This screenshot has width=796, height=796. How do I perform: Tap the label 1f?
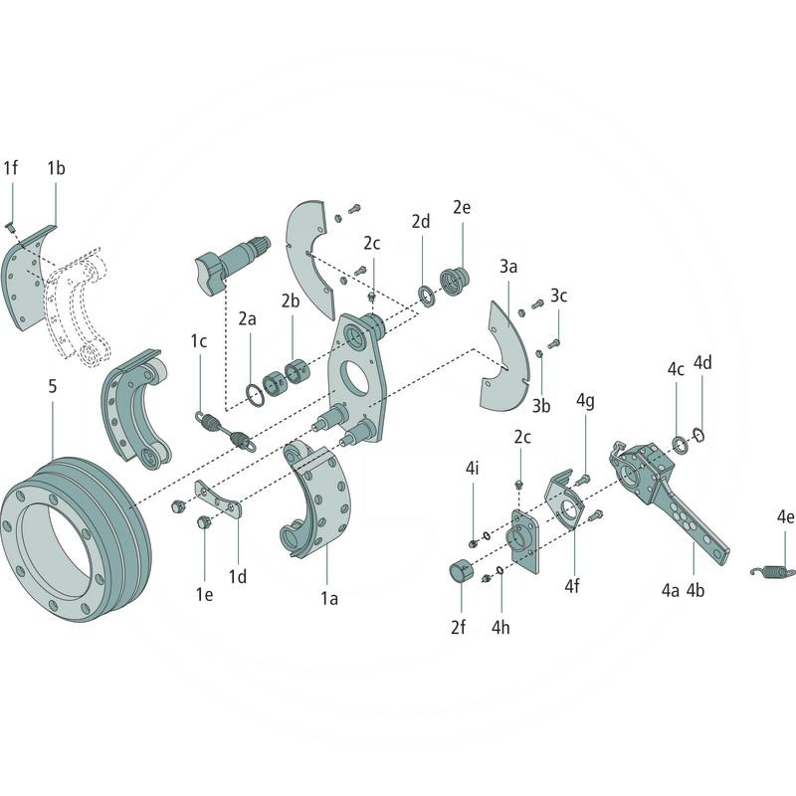tap(11, 168)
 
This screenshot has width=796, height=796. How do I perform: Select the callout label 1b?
tap(56, 168)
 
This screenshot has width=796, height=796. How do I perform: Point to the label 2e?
tap(462, 208)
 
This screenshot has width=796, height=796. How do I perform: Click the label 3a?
tap(508, 267)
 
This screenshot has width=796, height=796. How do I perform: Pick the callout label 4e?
tap(786, 517)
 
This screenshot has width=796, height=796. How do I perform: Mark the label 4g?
tap(585, 401)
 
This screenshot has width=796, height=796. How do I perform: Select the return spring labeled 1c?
tap(225, 428)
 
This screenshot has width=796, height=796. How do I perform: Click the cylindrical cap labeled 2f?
tap(461, 575)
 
